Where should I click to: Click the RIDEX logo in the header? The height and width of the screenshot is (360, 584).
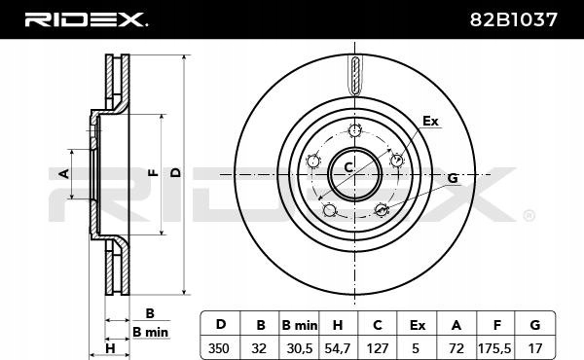[86, 19]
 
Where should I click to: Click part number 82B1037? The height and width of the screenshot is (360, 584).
[514, 19]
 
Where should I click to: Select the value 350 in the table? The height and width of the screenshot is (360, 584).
[219, 349]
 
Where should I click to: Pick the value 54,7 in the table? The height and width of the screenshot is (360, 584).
[338, 349]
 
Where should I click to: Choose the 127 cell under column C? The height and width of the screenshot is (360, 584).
[378, 349]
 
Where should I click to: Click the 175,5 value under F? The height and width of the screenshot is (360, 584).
[494, 349]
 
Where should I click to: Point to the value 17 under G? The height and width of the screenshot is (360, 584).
[535, 349]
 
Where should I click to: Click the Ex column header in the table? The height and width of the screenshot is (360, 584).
[418, 325]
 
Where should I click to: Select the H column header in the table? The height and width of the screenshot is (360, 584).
[338, 325]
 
